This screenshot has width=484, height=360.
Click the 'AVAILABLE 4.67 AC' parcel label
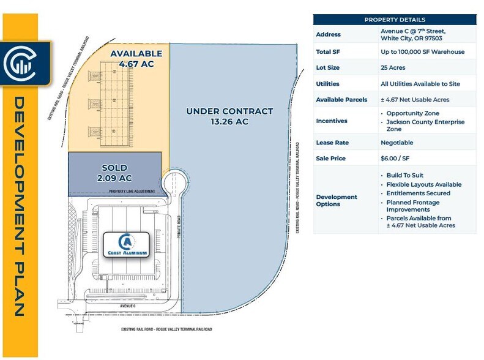point(136,58)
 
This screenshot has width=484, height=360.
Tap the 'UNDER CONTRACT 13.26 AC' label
point(229,116)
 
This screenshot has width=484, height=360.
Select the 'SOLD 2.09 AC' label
point(114,173)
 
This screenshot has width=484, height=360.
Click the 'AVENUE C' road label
point(128,305)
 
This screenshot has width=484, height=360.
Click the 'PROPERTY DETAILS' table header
point(395,20)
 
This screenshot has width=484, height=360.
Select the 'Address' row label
point(329,34)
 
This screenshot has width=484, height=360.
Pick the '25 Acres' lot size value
point(393,68)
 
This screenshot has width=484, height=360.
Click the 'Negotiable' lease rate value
point(397,143)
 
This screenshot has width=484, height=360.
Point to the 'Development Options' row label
point(337,200)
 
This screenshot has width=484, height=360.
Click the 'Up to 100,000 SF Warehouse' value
point(422,51)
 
